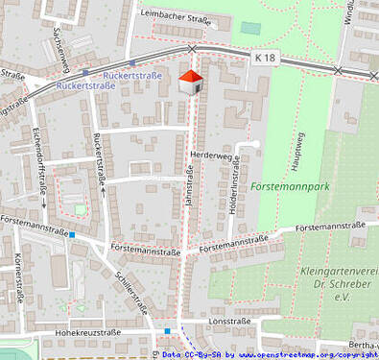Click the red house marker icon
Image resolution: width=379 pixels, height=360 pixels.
[x=191, y=82]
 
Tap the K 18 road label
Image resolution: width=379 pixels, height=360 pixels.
[x=267, y=59]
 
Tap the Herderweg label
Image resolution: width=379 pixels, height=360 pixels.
[x=212, y=155]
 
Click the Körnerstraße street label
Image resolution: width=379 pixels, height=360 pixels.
[x=20, y=278]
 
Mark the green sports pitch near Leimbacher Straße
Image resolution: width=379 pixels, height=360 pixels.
[x=250, y=28]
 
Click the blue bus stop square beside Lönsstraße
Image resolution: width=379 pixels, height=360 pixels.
[x=168, y=331]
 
